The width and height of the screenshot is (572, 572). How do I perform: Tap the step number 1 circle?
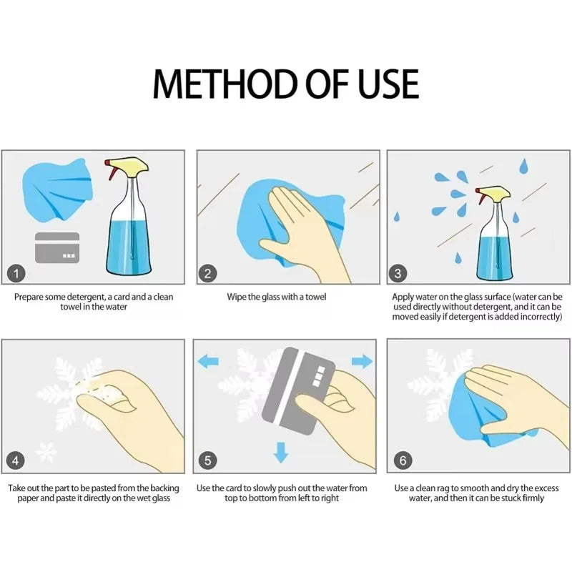pyautogui.click(x=16, y=273)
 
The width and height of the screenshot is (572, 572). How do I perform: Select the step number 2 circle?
pyautogui.click(x=207, y=274)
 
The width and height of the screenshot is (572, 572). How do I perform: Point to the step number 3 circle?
pyautogui.click(x=398, y=274)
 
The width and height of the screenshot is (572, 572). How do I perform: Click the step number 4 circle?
pyautogui.click(x=15, y=460)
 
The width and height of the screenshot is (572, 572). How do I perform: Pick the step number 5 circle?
pyautogui.click(x=207, y=460)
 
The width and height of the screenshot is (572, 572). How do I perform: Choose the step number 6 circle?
pyautogui.click(x=403, y=460)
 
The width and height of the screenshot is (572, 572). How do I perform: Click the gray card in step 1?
pyautogui.click(x=57, y=247)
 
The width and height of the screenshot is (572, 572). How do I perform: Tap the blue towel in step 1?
pyautogui.click(x=57, y=189)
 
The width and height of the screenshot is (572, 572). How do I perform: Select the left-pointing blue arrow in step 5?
pyautogui.click(x=208, y=361)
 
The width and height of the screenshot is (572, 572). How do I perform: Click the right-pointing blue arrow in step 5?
pyautogui.click(x=363, y=361)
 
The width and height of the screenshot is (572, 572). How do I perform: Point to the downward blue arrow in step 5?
pyautogui.click(x=280, y=453)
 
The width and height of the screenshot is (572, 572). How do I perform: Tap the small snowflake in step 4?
pyautogui.click(x=46, y=452)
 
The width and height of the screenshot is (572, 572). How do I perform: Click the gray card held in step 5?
pyautogui.click(x=298, y=391)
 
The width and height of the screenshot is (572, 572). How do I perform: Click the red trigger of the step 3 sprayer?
pyautogui.click(x=480, y=195)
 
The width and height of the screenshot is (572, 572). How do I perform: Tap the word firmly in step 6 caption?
pyautogui.click(x=533, y=498)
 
